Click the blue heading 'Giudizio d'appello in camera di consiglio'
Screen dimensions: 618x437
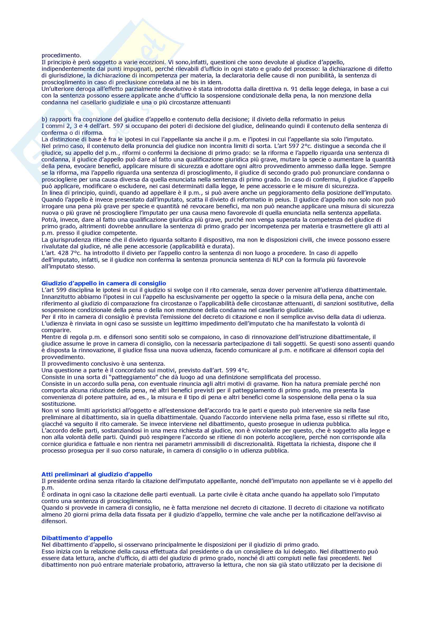click(x=104, y=283)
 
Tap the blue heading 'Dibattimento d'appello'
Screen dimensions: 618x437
click(x=77, y=531)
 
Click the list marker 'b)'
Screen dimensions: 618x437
click(x=44, y=119)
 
